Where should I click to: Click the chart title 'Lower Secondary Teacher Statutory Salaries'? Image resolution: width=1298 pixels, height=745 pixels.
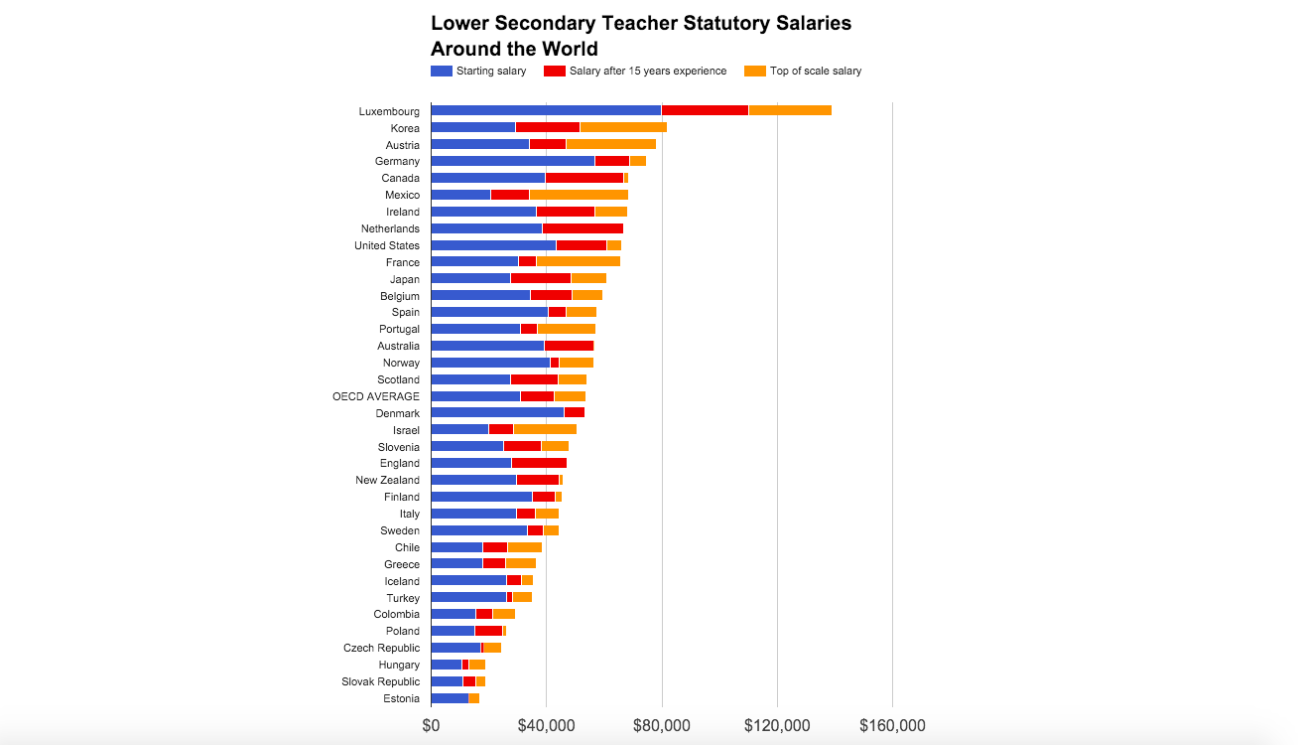point(640,24)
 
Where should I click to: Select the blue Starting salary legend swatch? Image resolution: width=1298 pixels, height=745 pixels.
point(441,71)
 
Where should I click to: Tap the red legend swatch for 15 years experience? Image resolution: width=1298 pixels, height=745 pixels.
point(554,71)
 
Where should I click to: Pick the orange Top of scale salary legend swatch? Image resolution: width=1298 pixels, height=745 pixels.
point(754,71)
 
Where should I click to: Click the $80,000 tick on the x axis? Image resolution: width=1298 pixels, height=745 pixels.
point(661,726)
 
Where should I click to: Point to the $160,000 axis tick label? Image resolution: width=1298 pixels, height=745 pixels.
point(892,726)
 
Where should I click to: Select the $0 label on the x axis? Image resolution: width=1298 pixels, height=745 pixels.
point(431,726)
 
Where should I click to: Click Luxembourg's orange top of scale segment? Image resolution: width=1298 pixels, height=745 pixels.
point(790,110)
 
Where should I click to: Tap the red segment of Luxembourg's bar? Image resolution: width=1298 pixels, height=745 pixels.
point(705,110)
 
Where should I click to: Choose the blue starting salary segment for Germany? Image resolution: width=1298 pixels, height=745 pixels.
point(512,161)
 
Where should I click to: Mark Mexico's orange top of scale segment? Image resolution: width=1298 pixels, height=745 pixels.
point(579,195)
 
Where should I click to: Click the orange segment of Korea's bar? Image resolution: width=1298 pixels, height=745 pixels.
point(623,127)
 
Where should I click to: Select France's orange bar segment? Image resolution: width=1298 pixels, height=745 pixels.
point(579,262)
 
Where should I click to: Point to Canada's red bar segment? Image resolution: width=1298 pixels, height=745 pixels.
point(584,178)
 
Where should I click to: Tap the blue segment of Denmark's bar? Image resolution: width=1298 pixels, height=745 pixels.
point(497,413)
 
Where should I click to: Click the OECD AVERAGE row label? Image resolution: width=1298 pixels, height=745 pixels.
point(376,396)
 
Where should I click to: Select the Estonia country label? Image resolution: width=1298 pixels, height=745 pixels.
point(401,698)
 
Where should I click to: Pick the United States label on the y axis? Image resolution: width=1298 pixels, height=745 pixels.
point(387,245)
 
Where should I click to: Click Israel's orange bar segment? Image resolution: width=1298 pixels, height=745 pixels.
point(545,430)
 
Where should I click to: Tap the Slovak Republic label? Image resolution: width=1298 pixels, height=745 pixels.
point(381,681)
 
